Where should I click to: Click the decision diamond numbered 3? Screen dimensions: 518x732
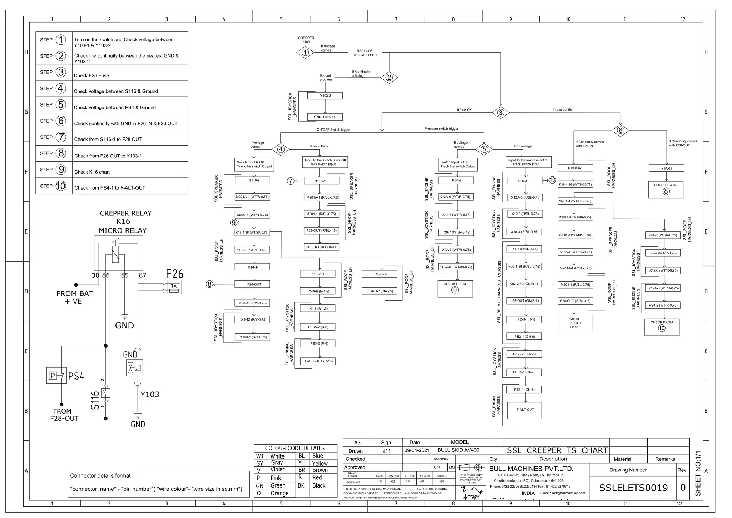coord(500,113)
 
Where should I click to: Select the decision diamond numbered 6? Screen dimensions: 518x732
coord(620,130)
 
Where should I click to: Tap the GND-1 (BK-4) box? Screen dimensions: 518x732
coord(325,117)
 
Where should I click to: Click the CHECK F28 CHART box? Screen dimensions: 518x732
coord(321,247)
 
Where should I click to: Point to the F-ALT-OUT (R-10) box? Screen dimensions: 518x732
coord(318,361)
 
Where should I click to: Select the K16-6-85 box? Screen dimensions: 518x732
coord(380,274)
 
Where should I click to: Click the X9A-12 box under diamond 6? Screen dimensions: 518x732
coord(666,168)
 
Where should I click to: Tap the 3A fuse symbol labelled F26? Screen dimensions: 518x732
coord(174,287)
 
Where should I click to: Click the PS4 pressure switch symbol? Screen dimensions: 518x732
coord(56,375)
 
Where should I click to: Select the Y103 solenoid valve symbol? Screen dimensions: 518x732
coord(134,368)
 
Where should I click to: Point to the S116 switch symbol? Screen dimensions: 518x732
coord(105,393)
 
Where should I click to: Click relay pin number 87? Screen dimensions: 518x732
coord(142,275)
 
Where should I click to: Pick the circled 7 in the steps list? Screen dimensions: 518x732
coord(61,137)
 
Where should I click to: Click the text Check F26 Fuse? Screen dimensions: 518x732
coord(91,75)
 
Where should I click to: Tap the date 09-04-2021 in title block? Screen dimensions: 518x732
coord(417,450)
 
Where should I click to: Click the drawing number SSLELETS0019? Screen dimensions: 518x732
coord(633,488)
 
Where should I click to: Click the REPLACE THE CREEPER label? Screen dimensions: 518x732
coord(365,53)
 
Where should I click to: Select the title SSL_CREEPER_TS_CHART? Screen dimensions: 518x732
coord(557,450)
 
